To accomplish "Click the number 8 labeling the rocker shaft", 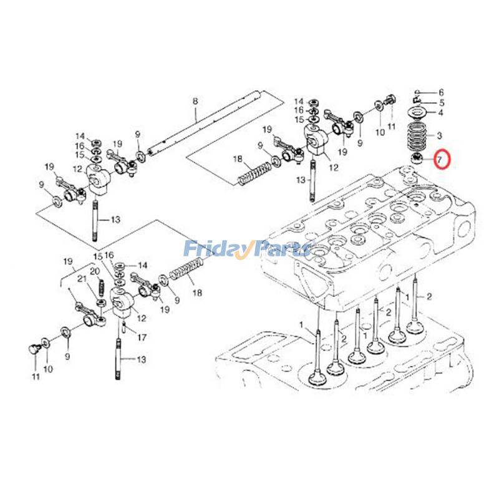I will click(195, 101).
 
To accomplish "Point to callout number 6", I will click(441, 92).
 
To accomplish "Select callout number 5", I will click(441, 103).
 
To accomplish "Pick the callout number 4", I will click(441, 114).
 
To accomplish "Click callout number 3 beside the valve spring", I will click(440, 135).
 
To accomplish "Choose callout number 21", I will click(80, 279).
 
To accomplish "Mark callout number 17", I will click(142, 337).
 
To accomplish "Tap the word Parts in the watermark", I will click(283, 249).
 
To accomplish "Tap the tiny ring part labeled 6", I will click(416, 92).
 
